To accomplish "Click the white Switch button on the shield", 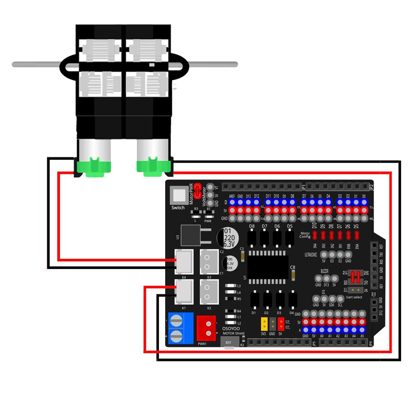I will [x=178, y=195].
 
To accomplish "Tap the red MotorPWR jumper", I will [x=197, y=191].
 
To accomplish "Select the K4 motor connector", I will [x=184, y=260].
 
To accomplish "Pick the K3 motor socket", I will [x=209, y=260].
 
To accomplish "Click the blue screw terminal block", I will [x=181, y=328].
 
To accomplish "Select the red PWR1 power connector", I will [x=206, y=327].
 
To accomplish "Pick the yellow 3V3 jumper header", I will [x=264, y=323].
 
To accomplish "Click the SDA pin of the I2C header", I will [x=332, y=298].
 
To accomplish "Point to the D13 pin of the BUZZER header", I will [x=326, y=279].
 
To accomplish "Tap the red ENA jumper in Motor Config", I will [x=356, y=236].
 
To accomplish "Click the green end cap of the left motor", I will [x=93, y=167].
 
